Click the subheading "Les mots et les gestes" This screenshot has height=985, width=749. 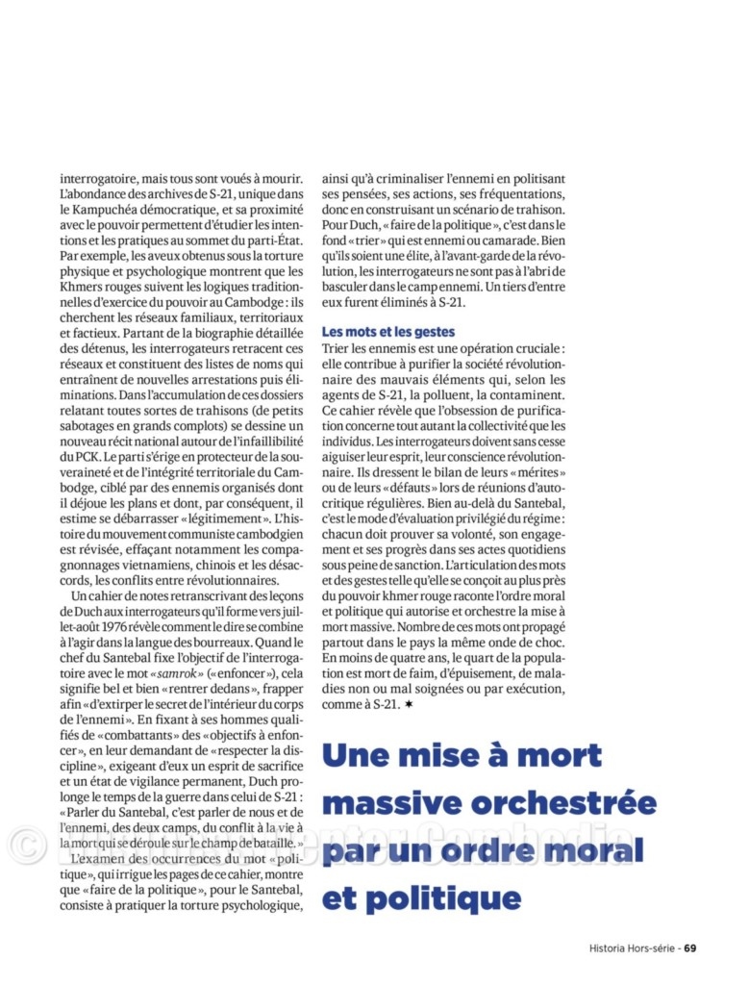tap(388, 331)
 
